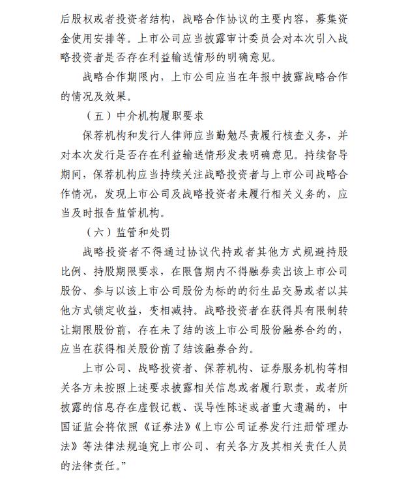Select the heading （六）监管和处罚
[128, 233]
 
